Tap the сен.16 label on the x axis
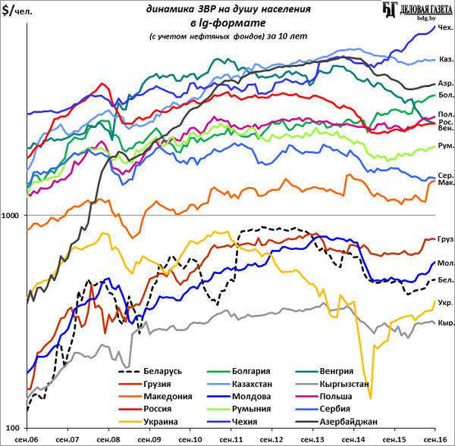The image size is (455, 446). click(x=433, y=438)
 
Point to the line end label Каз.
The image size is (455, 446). click(x=446, y=59)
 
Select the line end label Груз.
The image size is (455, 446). click(x=446, y=239)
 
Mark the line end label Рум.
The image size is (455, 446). click(x=446, y=146)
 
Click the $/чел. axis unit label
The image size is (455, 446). click(x=20, y=11)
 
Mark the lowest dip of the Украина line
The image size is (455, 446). click(x=370, y=398)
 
